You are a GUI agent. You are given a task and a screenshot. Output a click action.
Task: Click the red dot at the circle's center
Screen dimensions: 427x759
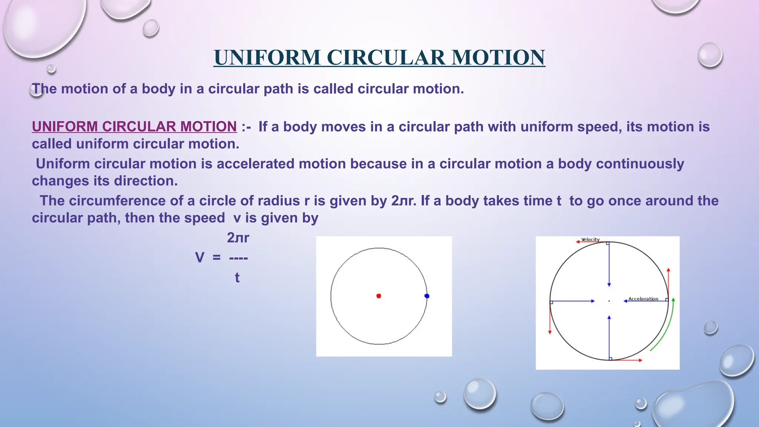click(378, 296)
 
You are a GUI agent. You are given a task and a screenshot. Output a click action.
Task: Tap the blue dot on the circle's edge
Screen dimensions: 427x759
click(427, 296)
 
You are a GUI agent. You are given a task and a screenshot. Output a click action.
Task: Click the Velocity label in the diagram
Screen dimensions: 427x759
click(590, 239)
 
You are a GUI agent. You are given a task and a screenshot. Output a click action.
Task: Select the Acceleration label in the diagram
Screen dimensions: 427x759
click(643, 299)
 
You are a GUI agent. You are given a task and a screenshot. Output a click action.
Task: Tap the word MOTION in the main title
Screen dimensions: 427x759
click(498, 58)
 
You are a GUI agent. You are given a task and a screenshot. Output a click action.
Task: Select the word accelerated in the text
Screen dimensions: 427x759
click(255, 164)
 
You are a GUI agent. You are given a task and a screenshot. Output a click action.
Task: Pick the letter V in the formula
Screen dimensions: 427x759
click(199, 257)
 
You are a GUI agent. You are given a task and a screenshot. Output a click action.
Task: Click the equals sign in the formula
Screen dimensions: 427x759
click(216, 257)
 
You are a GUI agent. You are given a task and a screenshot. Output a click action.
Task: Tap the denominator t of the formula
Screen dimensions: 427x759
click(237, 278)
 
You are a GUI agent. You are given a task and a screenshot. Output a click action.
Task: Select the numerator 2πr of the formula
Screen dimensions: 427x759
click(238, 238)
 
